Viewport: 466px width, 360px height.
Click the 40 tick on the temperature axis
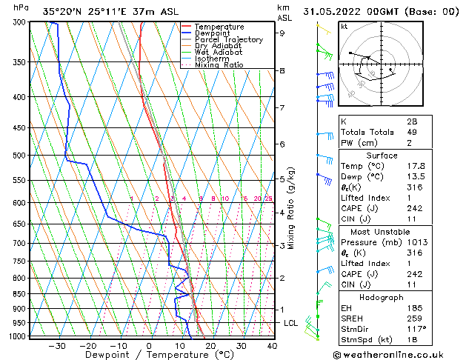point(272,346)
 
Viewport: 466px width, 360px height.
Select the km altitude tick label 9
point(282,33)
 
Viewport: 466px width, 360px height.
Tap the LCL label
point(290,324)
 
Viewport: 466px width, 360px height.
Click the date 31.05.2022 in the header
point(334,12)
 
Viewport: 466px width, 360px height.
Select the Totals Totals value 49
point(412,132)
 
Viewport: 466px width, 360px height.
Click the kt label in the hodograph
point(344,26)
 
